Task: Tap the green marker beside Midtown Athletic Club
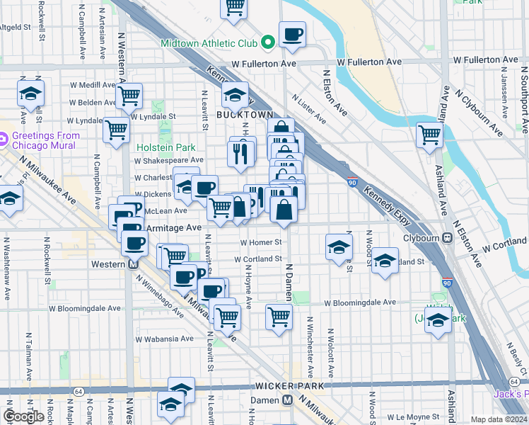pyautogui.click(x=268, y=42)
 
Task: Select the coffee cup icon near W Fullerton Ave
pyautogui.click(x=292, y=34)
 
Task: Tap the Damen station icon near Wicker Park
pyautogui.click(x=287, y=399)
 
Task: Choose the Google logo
pyautogui.click(x=24, y=416)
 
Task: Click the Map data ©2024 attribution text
pyautogui.click(x=499, y=419)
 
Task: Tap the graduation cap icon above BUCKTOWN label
pyautogui.click(x=236, y=95)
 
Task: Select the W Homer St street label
pyautogui.click(x=261, y=242)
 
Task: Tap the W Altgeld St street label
pyautogui.click(x=25, y=27)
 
